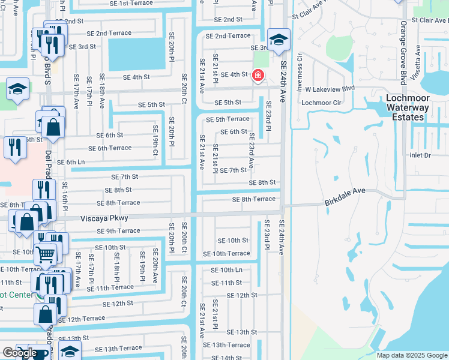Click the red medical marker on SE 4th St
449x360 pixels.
(258, 76)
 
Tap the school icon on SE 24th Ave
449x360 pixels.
(279, 40)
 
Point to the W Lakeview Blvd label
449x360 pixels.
(330, 88)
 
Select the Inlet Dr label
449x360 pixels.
(420, 155)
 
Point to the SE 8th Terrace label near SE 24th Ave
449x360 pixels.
(254, 199)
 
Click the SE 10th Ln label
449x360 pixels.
(226, 270)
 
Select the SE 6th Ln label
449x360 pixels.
(71, 163)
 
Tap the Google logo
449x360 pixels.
(20, 353)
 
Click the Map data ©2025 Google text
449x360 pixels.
(412, 355)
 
